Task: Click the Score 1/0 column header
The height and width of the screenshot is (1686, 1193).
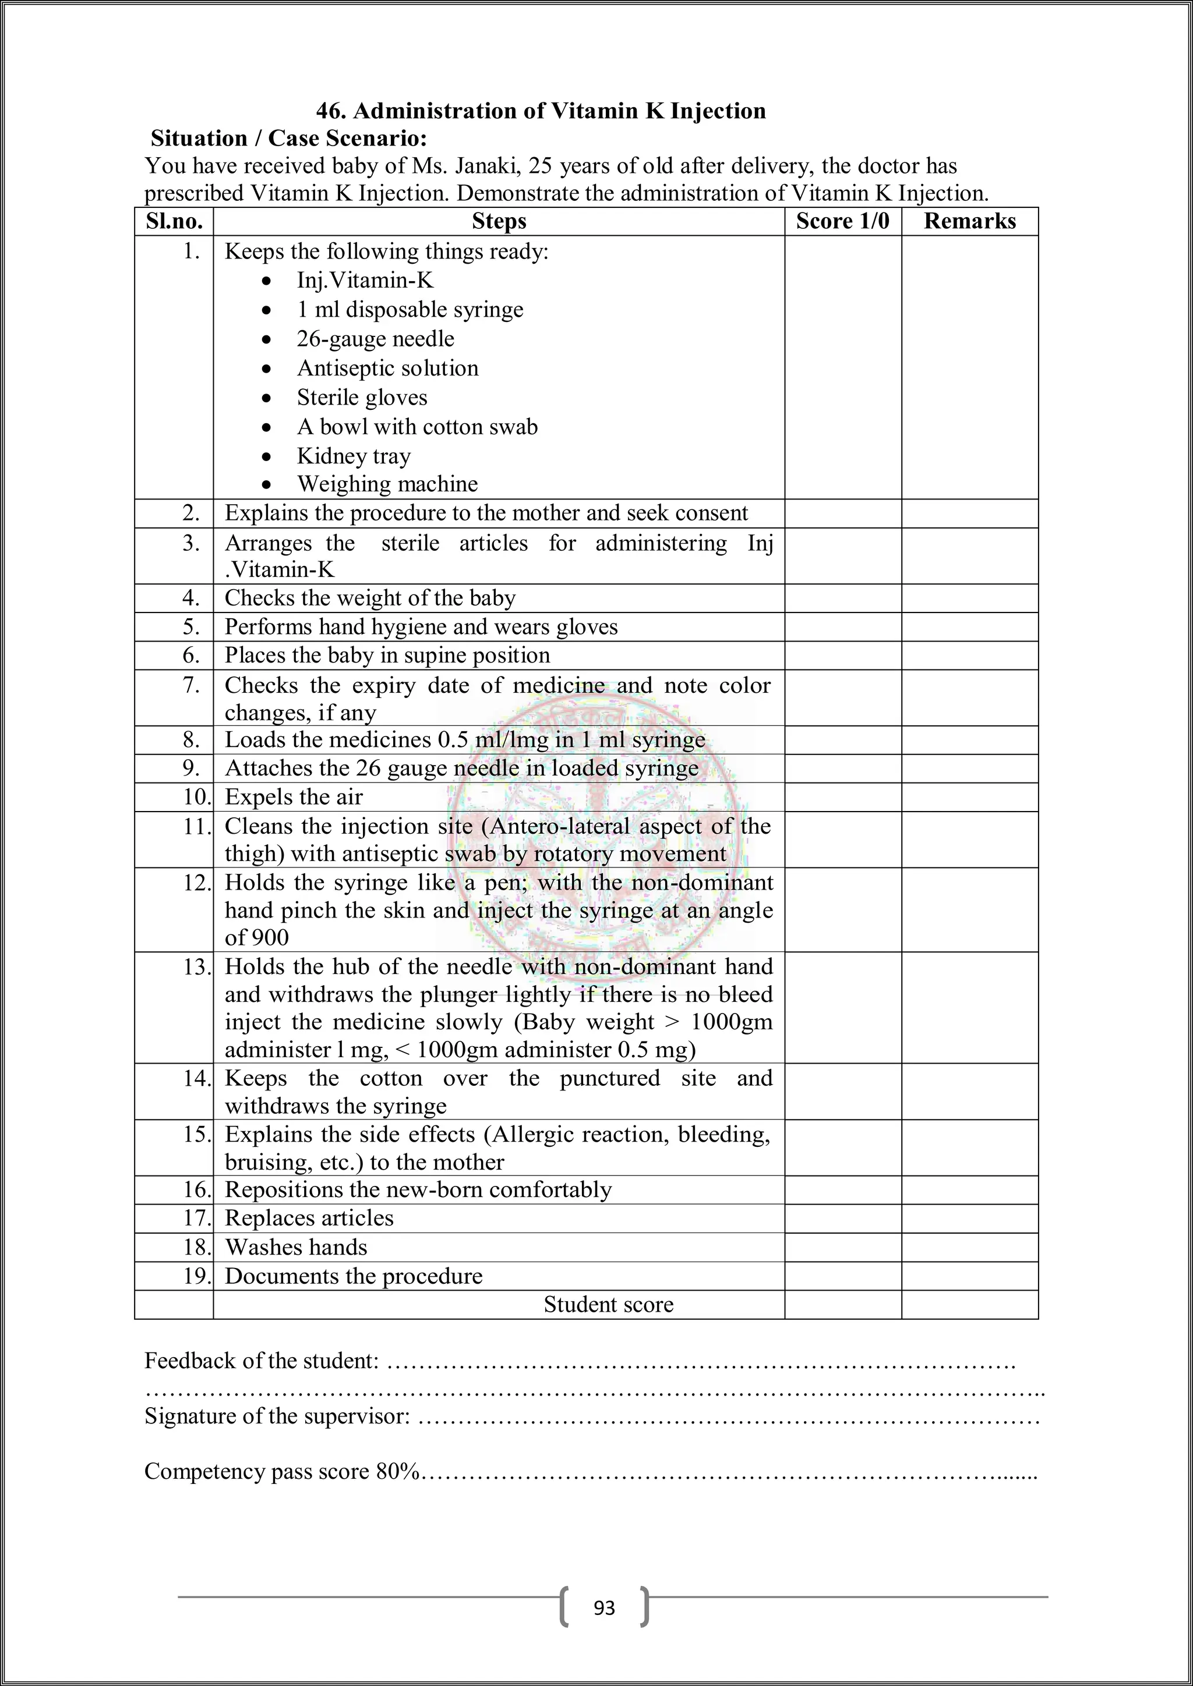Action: click(x=842, y=221)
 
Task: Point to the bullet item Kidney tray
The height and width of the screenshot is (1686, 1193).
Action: click(x=354, y=456)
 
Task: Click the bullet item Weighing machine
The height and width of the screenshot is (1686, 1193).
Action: click(x=387, y=484)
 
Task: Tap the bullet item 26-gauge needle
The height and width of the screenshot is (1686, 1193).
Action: click(x=375, y=338)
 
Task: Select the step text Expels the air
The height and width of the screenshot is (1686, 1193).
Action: click(x=293, y=797)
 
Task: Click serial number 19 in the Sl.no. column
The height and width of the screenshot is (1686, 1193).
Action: click(x=197, y=1276)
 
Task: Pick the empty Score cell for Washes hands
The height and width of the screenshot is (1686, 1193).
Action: click(x=842, y=1247)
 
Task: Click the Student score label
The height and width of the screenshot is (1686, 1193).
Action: click(x=608, y=1304)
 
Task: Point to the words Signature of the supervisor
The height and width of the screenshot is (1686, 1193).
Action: click(x=277, y=1415)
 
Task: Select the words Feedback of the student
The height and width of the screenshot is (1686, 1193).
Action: click(x=262, y=1361)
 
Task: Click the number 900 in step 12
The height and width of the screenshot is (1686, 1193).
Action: click(x=270, y=938)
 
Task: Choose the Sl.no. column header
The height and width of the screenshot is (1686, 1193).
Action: click(x=174, y=221)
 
